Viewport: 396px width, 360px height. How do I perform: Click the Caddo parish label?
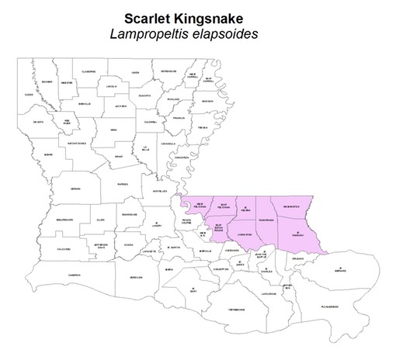(x=30, y=94)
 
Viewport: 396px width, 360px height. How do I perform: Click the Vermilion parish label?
(x=136, y=278)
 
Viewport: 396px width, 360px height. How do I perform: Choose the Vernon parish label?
(x=75, y=189)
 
